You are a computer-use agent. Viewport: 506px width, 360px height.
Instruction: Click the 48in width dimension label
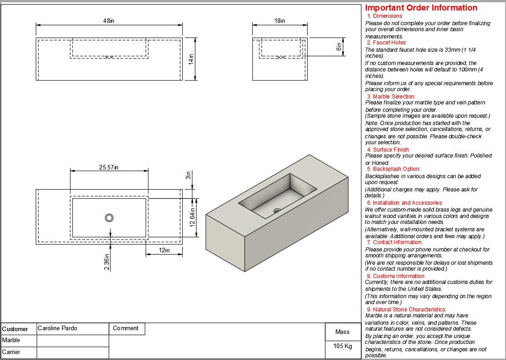[109, 21]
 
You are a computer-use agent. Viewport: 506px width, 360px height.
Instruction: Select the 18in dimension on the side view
[279, 21]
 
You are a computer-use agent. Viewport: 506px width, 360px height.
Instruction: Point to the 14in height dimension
[191, 59]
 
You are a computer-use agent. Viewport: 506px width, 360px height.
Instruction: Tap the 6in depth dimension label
[339, 47]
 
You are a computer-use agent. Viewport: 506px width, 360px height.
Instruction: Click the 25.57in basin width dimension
[109, 167]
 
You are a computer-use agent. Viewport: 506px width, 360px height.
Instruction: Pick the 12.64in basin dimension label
[193, 218]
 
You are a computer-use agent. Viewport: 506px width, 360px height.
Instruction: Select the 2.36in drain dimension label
[107, 262]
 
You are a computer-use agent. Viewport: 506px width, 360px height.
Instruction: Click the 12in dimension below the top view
[164, 250]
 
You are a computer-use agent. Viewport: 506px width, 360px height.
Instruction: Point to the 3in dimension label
[188, 175]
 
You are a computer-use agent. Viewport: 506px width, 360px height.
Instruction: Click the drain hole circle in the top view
[109, 218]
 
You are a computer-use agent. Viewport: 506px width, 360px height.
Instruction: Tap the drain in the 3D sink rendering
[277, 211]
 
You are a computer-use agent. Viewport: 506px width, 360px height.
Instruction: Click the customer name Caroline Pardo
[58, 328]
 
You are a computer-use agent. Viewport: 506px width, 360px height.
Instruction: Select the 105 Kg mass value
[342, 346]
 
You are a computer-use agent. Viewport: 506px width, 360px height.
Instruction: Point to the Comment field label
[125, 328]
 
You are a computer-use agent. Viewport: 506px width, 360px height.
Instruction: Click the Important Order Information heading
[421, 8]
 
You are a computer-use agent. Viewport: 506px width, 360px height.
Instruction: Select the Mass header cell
[342, 332]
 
